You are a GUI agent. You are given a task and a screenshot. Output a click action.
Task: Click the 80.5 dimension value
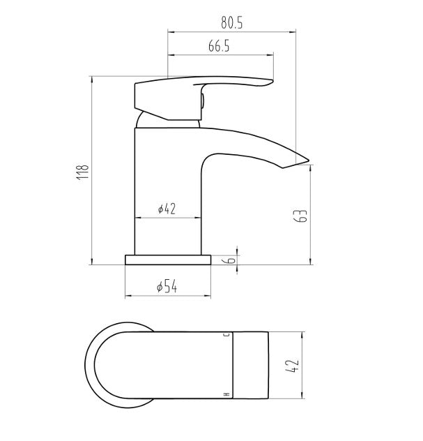tap(231, 22)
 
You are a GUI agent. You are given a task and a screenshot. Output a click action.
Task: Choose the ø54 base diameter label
tap(166, 286)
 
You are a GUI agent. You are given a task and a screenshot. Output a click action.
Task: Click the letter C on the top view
tap(226, 336)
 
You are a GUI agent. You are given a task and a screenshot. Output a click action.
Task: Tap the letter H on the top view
tap(226, 396)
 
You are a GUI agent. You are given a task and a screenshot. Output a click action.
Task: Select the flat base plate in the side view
tap(167, 260)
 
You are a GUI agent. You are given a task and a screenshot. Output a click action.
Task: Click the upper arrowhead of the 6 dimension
tap(238, 252)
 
